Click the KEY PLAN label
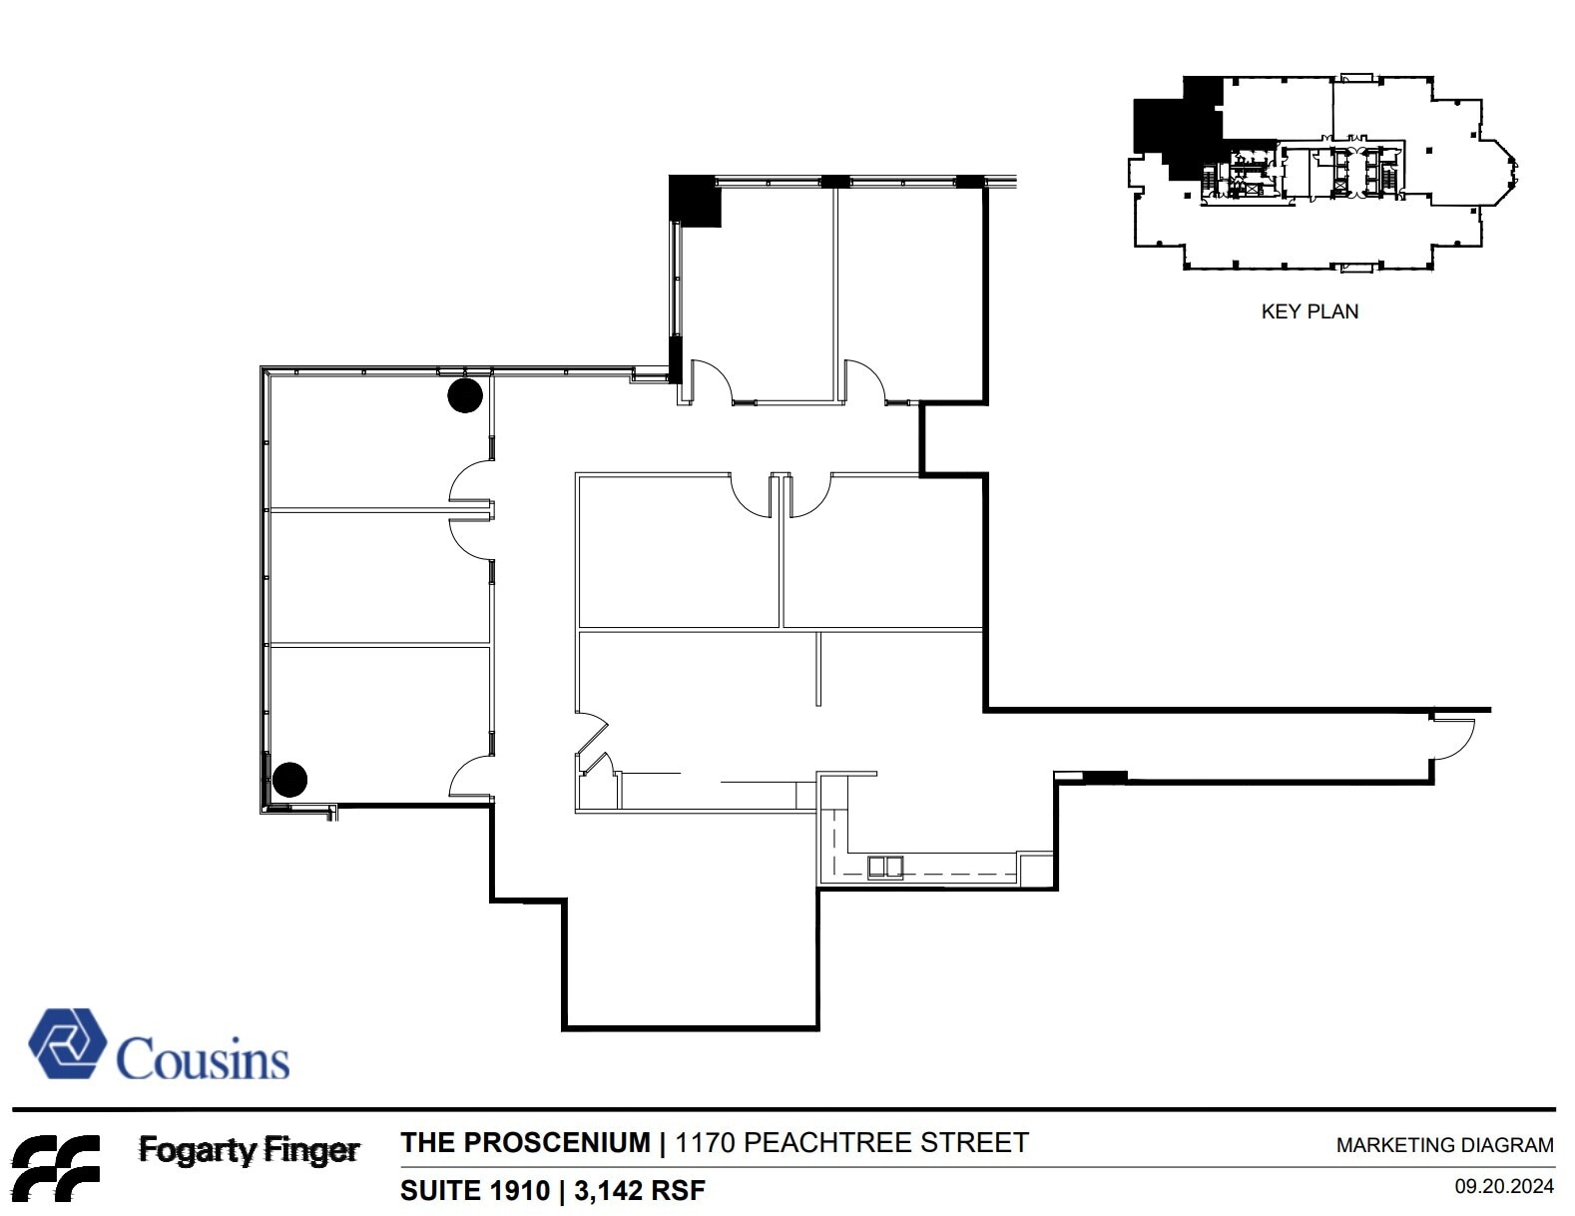click(1310, 311)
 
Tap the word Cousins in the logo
click(204, 1059)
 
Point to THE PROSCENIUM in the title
click(525, 1142)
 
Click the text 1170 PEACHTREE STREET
click(851, 1142)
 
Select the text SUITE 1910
click(475, 1190)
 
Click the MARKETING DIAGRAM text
click(1444, 1145)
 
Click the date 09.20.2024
click(1504, 1187)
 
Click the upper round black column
click(465, 395)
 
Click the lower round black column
click(290, 780)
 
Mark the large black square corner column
click(695, 201)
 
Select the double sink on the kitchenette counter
click(884, 867)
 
